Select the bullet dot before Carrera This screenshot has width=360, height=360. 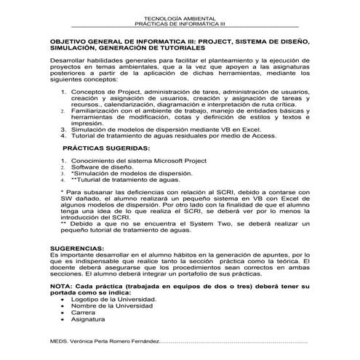(55, 313)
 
